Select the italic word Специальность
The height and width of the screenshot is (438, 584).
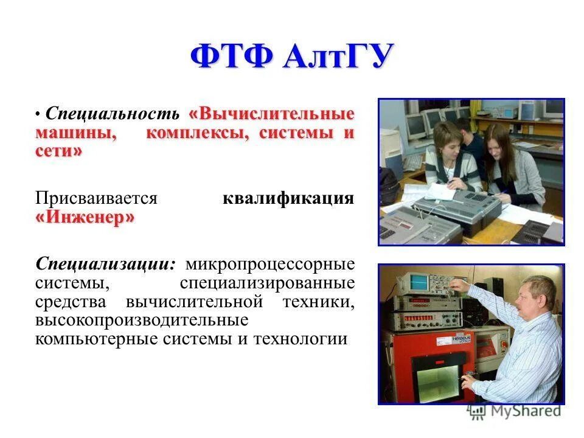(113, 114)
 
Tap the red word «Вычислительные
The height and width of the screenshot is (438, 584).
(272, 114)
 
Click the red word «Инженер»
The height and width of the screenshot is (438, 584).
(85, 218)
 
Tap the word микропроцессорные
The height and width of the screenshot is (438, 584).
(270, 265)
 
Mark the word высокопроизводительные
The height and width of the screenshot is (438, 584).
(141, 321)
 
